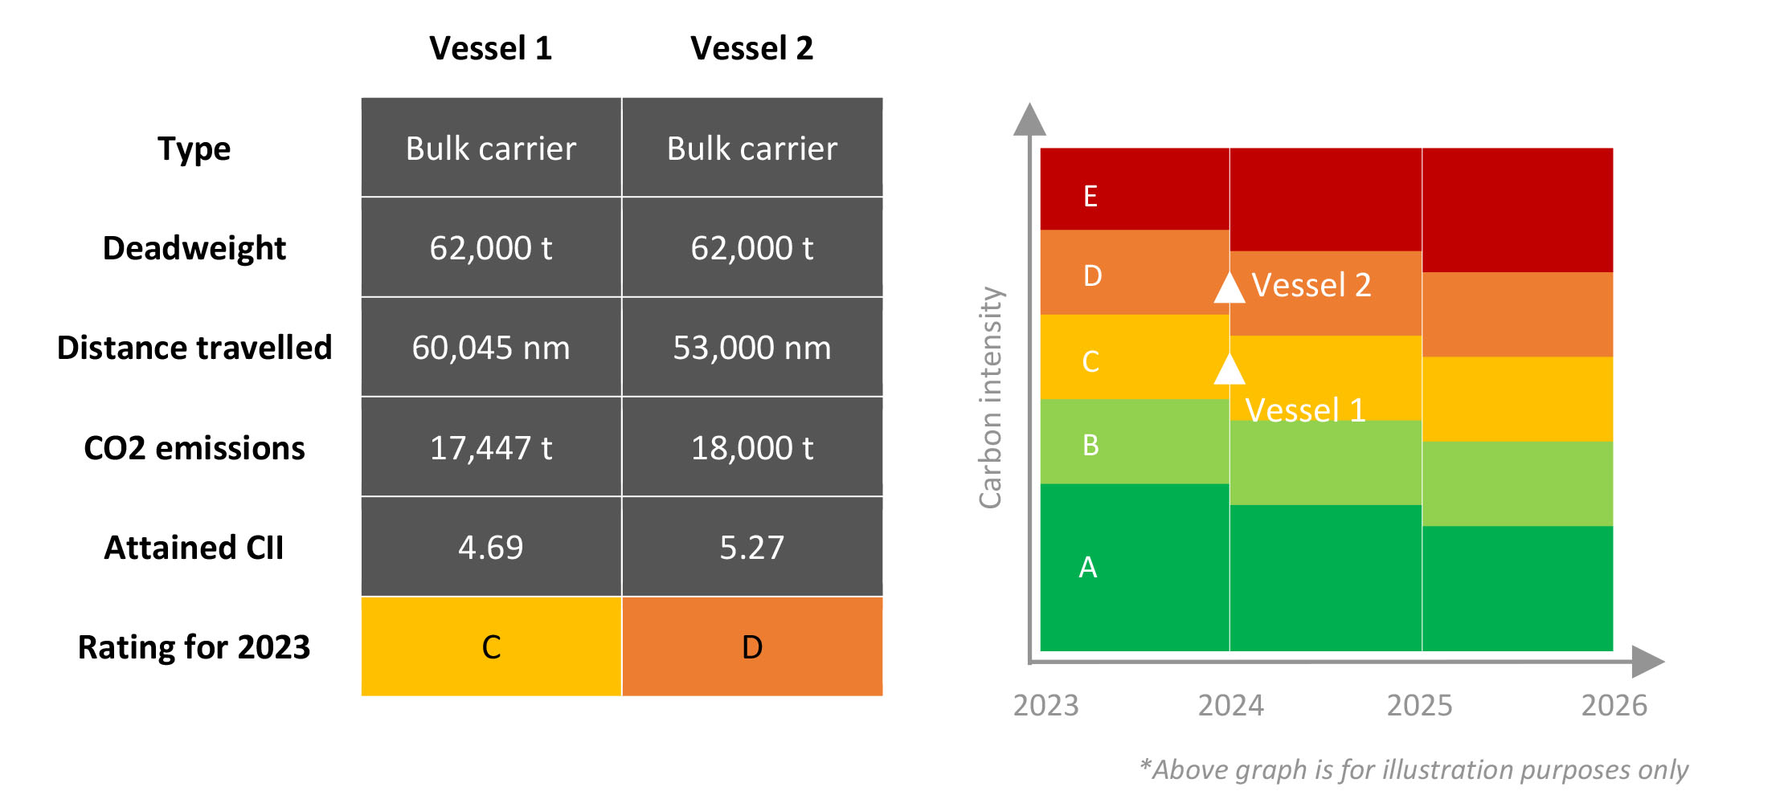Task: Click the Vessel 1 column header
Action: (490, 48)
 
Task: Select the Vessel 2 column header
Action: (751, 48)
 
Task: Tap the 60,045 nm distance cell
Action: (490, 348)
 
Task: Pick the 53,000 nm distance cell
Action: (751, 348)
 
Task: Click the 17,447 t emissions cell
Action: (490, 447)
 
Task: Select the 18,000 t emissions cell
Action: (751, 447)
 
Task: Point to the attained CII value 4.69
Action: (490, 547)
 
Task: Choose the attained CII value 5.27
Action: (751, 547)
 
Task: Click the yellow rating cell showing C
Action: (490, 646)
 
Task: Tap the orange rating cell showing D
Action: (751, 646)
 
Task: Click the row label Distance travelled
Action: (194, 348)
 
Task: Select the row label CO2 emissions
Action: (194, 447)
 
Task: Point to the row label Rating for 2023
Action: (194, 646)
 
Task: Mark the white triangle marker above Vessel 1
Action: (1229, 370)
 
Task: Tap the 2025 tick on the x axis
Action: (1419, 705)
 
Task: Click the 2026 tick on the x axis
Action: (1614, 705)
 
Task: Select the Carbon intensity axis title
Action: (991, 397)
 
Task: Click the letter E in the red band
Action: (1090, 196)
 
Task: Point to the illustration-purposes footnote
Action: (1414, 769)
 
